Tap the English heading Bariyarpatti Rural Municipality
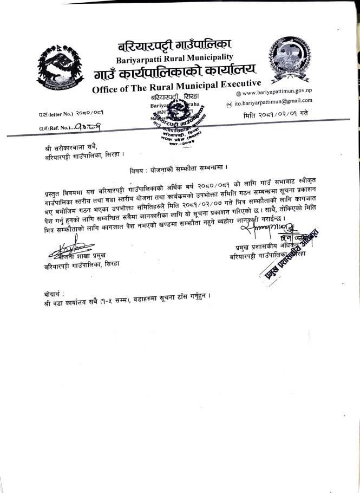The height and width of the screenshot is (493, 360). point(174,57)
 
